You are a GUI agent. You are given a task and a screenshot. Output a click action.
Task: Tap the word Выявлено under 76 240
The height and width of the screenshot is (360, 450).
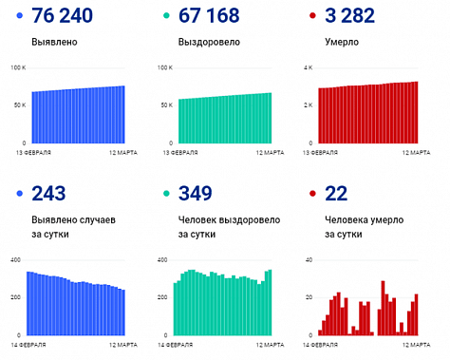(53, 43)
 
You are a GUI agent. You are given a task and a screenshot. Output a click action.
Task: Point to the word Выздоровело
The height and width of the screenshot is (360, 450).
(208, 43)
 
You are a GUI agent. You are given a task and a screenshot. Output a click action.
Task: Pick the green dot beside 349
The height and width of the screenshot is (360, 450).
(158, 195)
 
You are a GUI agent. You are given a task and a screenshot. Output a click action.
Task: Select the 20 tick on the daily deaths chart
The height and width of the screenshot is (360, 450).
(309, 297)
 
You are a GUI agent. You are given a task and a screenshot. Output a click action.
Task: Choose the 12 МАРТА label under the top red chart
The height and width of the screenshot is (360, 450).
(402, 152)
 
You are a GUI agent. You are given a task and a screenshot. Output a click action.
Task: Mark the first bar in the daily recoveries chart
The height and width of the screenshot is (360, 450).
(176, 309)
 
